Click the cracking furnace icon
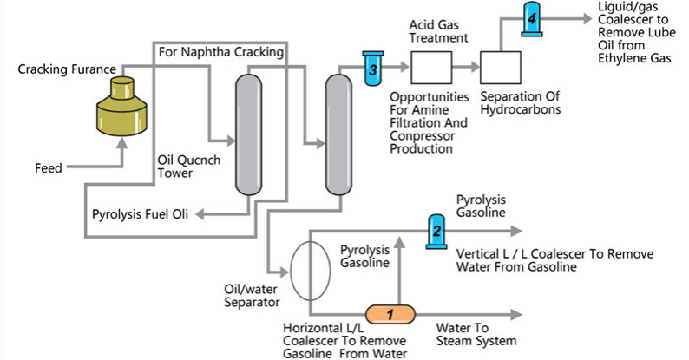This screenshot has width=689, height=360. click(123, 108)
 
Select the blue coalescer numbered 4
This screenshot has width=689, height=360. click(533, 19)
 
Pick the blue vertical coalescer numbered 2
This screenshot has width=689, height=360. click(437, 231)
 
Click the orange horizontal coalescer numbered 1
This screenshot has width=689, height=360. click(390, 313)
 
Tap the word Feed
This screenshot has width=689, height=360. click(49, 168)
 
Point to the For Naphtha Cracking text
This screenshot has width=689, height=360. click(221, 52)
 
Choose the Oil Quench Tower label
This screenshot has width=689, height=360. click(180, 166)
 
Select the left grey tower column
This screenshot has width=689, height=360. click(249, 134)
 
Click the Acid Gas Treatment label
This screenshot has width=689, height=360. click(439, 30)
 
